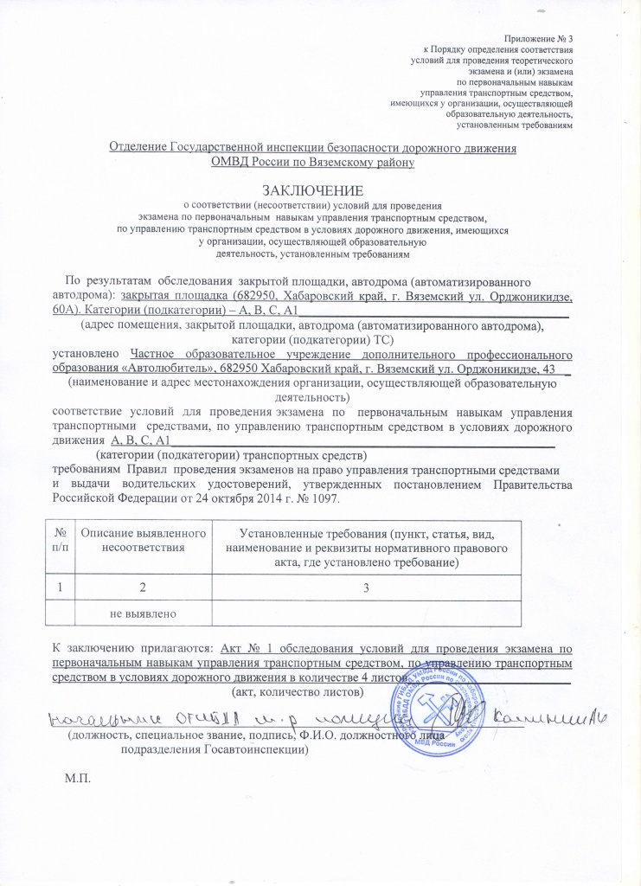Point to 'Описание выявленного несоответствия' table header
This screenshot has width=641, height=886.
click(143, 540)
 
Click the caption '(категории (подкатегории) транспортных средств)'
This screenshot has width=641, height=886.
click(232, 454)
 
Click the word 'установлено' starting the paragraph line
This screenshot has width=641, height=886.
click(88, 354)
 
